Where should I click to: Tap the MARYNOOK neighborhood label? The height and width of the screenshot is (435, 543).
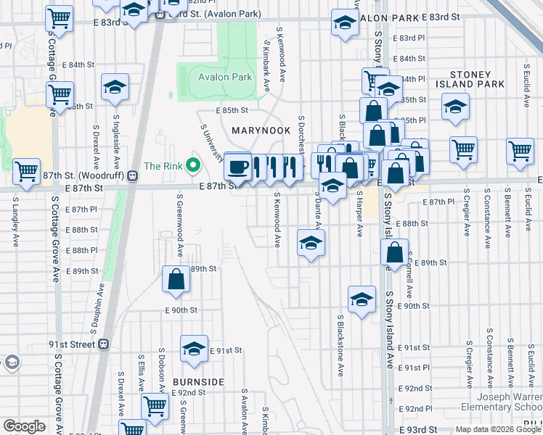[x=261, y=130]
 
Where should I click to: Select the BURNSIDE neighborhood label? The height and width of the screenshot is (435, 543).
[x=198, y=381]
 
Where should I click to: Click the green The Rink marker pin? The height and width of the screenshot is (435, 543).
[x=192, y=166]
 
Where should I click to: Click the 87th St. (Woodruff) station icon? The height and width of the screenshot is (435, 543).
[x=132, y=175]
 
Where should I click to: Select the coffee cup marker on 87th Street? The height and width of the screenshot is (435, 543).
[x=237, y=167]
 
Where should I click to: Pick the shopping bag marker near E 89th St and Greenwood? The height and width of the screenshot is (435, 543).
[x=176, y=279]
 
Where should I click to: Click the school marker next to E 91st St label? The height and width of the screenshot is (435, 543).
[x=194, y=349]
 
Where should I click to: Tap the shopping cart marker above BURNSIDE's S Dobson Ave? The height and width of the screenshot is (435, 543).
[x=155, y=407]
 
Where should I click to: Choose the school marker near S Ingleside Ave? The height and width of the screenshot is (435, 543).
[x=115, y=88]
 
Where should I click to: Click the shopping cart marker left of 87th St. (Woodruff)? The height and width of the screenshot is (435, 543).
[x=26, y=173]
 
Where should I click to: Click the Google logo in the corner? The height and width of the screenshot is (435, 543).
[x=24, y=426]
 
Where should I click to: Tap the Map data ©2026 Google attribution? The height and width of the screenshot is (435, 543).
[x=497, y=429]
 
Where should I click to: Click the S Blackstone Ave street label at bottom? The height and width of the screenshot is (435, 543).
[x=340, y=345]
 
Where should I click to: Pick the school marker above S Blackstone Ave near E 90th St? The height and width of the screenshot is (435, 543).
[x=362, y=299]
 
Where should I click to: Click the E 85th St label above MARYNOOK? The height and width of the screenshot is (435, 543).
[x=232, y=111]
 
